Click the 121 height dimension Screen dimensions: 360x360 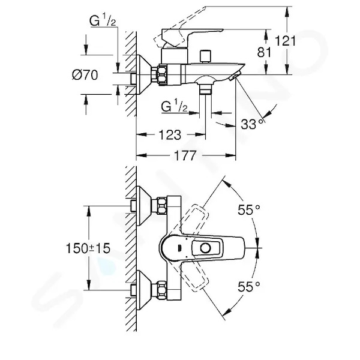pos(286,41)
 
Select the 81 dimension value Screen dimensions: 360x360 pos(264,52)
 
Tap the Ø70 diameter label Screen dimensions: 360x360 pos(85,75)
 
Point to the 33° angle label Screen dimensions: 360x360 pos(252,124)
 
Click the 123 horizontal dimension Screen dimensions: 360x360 pos(170,134)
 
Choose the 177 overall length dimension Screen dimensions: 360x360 pos(185,155)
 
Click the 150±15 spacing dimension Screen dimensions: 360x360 pos(88,248)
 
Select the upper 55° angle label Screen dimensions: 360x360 pos(249,209)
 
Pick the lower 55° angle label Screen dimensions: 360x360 pos(249,286)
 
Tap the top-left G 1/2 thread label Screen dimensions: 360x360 pos(103,21)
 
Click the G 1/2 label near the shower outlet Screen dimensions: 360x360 pos(174,107)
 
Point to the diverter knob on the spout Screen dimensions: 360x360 pos(205,56)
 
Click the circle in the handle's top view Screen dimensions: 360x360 pos(205,248)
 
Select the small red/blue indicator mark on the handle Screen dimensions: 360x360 pos(179,248)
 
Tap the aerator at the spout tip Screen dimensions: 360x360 pos(235,76)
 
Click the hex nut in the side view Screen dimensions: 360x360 pos(163,75)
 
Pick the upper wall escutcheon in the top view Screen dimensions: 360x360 pos(144,206)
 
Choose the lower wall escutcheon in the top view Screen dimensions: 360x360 pos(144,290)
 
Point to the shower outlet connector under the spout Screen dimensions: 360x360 pos(205,89)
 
